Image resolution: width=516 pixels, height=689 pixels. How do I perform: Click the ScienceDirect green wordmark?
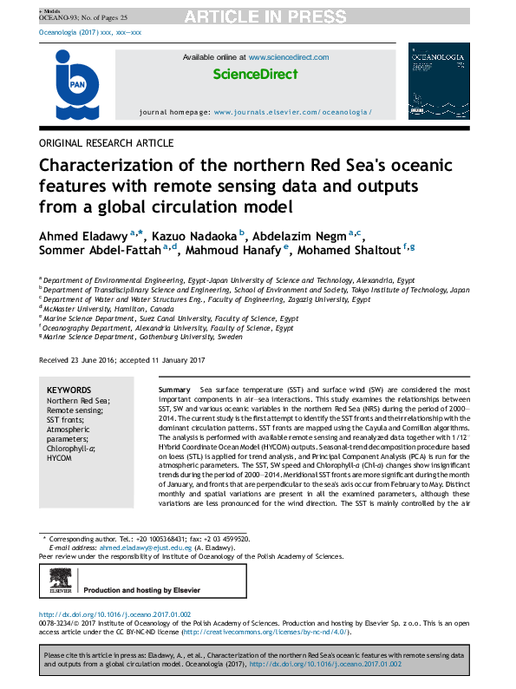[255, 75]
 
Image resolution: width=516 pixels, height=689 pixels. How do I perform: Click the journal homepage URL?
[292, 113]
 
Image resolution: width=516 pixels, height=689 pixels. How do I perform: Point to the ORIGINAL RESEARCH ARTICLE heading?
[107, 143]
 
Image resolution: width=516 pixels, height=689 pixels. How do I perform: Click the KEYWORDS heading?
[69, 390]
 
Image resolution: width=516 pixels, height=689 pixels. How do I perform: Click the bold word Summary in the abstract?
[174, 391]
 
